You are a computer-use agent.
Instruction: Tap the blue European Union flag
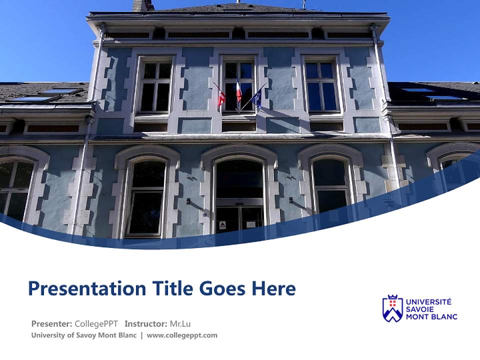pyautogui.click(x=257, y=97)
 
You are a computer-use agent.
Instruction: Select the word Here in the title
pyautogui.click(x=273, y=288)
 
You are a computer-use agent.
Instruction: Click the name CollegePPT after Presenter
pyautogui.click(x=96, y=323)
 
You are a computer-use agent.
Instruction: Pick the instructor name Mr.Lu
pyautogui.click(x=180, y=323)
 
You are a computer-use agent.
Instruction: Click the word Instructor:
pyautogui.click(x=145, y=323)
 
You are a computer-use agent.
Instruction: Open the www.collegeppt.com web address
pyautogui.click(x=182, y=335)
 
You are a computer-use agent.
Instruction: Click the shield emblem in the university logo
pyautogui.click(x=392, y=308)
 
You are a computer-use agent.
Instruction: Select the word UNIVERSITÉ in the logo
pyautogui.click(x=428, y=301)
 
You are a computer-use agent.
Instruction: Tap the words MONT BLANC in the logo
pyautogui.click(x=431, y=316)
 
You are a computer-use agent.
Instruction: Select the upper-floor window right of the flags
pyautogui.click(x=321, y=86)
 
